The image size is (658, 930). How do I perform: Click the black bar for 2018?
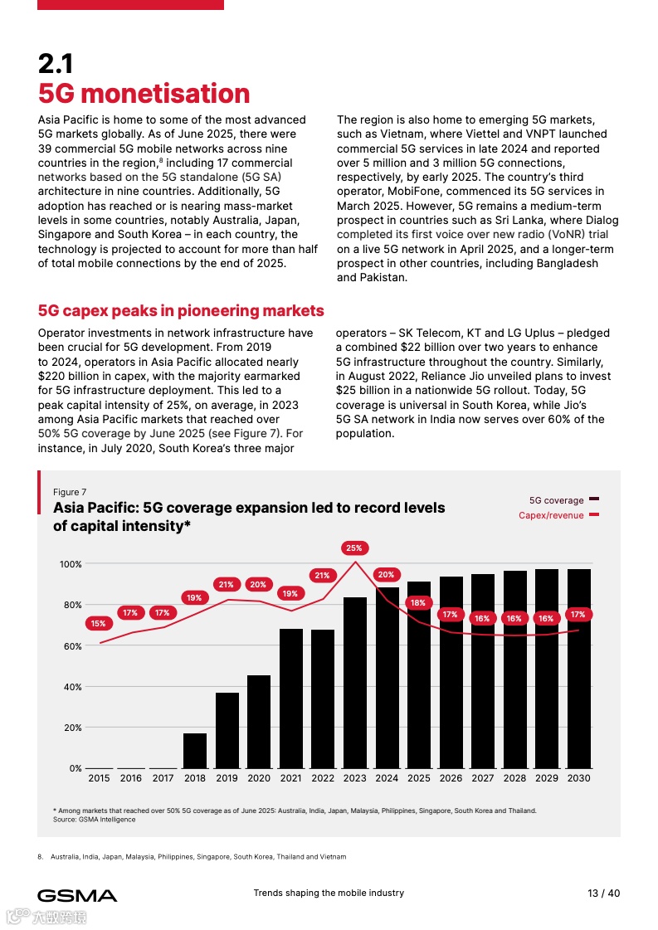coord(195,751)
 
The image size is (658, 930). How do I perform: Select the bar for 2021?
coord(291,699)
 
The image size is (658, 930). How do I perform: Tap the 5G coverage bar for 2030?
coord(578,669)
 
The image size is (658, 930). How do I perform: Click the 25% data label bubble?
coord(354,548)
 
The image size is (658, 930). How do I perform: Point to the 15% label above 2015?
coord(98,623)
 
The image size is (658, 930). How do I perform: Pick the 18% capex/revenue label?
coord(418,602)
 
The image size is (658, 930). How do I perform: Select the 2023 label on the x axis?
coord(354,778)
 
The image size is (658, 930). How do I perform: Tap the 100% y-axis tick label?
coord(71,564)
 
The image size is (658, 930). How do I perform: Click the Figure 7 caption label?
coord(70,492)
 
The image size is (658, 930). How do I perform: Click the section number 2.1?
coord(56,64)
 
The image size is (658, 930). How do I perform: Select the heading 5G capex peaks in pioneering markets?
coord(181,311)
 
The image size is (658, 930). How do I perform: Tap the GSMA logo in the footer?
coord(77,895)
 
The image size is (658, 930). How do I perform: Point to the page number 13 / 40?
coord(603,893)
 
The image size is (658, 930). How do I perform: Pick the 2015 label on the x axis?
coord(99,778)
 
